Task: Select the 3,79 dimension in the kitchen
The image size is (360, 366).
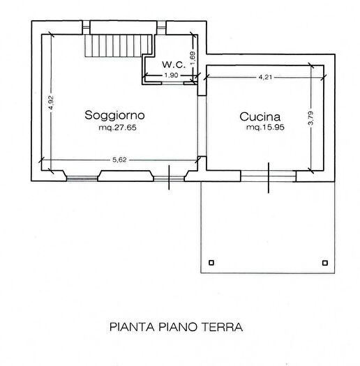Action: click(x=311, y=119)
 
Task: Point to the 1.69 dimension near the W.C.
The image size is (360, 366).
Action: click(x=193, y=57)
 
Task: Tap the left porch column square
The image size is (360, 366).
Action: click(x=213, y=263)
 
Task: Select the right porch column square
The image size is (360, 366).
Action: click(x=324, y=263)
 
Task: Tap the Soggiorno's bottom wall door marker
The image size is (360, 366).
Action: click(x=170, y=176)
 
